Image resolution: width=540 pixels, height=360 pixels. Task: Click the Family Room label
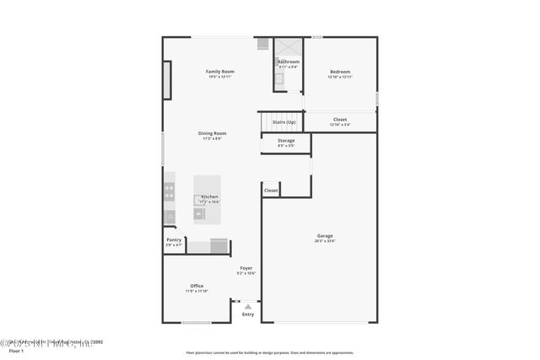tap(220, 72)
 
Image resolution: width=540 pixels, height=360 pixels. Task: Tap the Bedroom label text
tap(340, 72)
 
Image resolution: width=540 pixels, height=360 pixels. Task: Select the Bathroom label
tap(289, 62)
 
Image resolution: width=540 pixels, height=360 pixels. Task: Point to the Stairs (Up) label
tap(283, 122)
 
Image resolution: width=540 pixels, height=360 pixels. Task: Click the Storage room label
tap(286, 140)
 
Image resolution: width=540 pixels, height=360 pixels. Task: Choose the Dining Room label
tap(213, 133)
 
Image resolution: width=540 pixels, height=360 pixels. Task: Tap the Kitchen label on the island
tap(209, 196)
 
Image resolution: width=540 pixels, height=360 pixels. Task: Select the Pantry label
tap(174, 239)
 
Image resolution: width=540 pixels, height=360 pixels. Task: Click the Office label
tap(197, 286)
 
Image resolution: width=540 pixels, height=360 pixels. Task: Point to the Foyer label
tap(246, 268)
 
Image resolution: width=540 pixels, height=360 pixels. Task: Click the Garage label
tap(325, 235)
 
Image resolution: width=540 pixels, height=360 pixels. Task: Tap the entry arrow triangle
tap(247, 307)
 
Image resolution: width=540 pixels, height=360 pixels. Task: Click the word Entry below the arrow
tap(247, 314)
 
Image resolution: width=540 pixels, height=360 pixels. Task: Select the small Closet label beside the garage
tap(271, 191)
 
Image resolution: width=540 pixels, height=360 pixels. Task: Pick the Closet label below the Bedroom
tap(340, 120)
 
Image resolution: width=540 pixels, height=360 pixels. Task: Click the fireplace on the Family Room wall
tap(167, 81)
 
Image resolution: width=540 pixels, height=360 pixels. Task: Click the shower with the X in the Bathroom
tap(289, 46)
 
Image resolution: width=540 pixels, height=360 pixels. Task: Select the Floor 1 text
tap(16, 350)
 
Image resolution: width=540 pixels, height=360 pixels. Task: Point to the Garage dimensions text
tap(325, 241)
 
